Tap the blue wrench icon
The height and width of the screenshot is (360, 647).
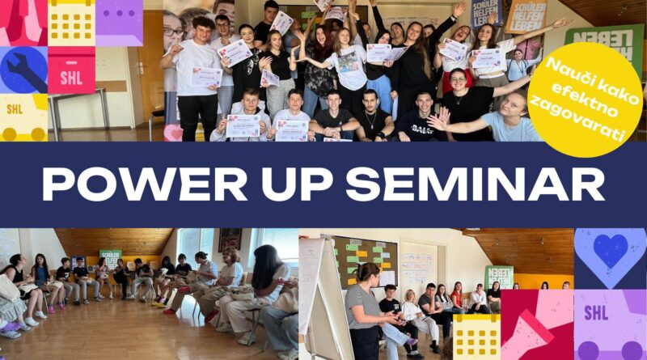(23, 70)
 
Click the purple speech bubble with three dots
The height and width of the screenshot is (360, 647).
(119, 22)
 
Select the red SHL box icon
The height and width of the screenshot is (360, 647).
(71, 70)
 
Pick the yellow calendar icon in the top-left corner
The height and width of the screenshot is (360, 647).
(71, 22)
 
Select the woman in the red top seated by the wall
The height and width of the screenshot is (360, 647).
(459, 296)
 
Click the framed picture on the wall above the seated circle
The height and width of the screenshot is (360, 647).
(230, 239)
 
